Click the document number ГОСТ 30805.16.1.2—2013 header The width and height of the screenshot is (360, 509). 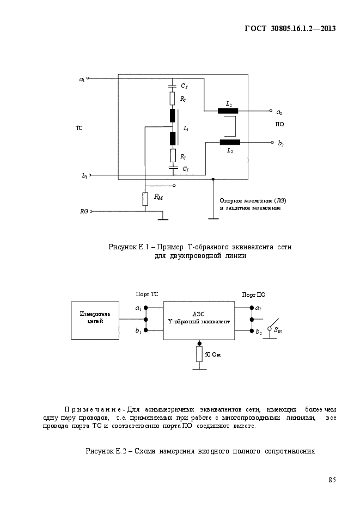290,28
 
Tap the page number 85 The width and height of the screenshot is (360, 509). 332,480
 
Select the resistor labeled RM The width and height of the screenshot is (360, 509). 145,199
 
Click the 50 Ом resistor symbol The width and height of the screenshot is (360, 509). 199,354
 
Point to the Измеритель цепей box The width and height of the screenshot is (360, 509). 95,321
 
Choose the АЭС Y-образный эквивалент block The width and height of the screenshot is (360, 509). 199,321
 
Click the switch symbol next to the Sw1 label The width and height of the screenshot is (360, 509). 272,326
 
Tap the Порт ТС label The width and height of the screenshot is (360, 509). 147,294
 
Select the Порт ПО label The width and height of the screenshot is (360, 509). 254,295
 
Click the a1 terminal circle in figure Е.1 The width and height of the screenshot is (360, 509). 88,78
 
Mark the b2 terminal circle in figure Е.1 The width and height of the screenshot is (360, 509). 272,142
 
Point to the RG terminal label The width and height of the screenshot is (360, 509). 84,211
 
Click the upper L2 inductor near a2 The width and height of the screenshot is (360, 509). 228,111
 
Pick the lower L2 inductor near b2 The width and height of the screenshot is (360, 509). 230,142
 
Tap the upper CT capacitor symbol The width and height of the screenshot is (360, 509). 173,86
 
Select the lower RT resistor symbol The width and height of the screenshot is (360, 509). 173,156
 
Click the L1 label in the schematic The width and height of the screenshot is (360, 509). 186,128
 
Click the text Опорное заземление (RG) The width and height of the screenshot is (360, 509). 253,201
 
